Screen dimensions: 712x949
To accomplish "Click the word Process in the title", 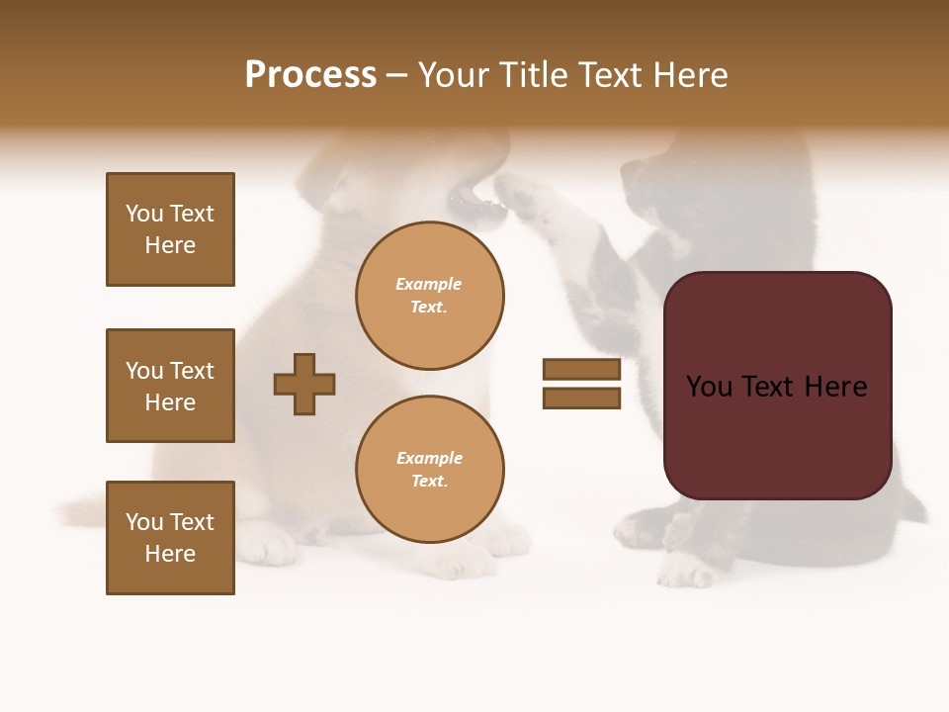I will click(310, 75).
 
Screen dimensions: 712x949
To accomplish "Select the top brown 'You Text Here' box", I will click(170, 229).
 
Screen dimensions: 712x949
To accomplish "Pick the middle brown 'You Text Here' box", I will click(170, 386).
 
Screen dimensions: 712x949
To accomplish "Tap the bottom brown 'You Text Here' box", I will click(170, 538).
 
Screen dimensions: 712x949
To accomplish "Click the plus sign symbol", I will click(304, 384).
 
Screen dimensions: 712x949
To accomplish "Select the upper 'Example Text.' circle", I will click(429, 296).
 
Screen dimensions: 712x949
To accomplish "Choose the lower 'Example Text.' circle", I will click(429, 470).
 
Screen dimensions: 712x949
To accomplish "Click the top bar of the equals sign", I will click(581, 369).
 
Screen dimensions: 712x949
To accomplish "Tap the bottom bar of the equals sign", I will click(581, 399).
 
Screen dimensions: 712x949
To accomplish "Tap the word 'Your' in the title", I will click(454, 75).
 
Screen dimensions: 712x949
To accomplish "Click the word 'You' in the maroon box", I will click(709, 387).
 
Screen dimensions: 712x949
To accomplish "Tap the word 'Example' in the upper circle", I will click(429, 285).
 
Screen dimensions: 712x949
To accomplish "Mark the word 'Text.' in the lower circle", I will click(429, 482).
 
